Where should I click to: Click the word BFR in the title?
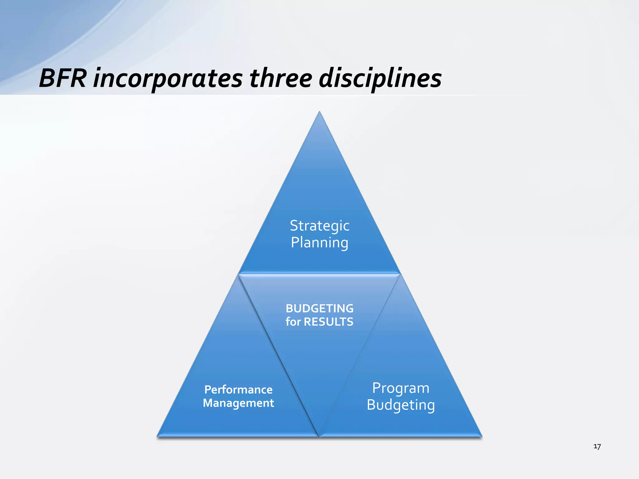click(x=62, y=78)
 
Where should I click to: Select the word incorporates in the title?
click(x=168, y=79)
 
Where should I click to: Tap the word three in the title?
click(x=281, y=78)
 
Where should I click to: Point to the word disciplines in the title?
click(x=380, y=79)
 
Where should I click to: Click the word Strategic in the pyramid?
click(x=319, y=226)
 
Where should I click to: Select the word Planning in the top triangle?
click(x=319, y=243)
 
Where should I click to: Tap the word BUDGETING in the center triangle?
click(x=319, y=308)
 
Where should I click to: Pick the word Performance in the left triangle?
click(x=238, y=389)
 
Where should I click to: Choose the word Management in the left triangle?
click(x=238, y=403)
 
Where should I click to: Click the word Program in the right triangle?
click(x=401, y=388)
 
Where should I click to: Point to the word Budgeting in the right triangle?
click(x=401, y=405)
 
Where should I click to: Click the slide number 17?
click(x=597, y=447)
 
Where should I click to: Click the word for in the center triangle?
click(x=293, y=322)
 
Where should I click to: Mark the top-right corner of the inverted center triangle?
click(x=399, y=274)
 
